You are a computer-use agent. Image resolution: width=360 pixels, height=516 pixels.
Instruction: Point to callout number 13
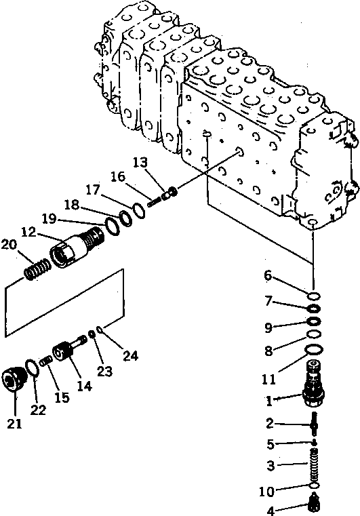pyautogui.click(x=140, y=162)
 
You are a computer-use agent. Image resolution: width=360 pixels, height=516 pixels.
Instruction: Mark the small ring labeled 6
pyautogui.click(x=314, y=296)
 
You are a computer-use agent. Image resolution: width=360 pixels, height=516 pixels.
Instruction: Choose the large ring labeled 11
pyautogui.click(x=314, y=349)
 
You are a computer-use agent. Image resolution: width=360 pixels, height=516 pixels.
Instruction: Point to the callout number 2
pyautogui.click(x=270, y=424)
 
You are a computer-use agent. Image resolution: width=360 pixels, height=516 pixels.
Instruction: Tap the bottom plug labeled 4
pyautogui.click(x=313, y=502)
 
